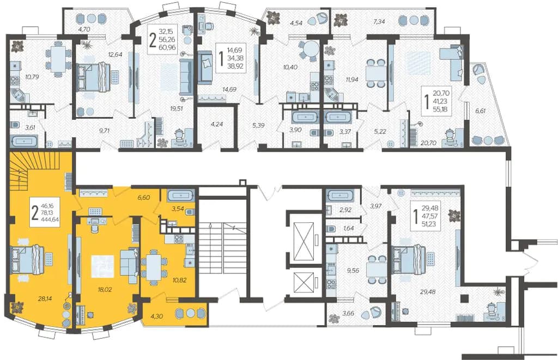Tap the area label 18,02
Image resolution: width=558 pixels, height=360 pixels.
tap(105, 290)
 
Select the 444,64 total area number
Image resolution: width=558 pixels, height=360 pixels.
tap(51, 219)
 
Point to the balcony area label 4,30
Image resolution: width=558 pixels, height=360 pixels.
tap(156, 315)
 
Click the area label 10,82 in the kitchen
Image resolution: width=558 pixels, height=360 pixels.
tap(180, 280)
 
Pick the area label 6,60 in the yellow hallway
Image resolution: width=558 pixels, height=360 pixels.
tap(143, 198)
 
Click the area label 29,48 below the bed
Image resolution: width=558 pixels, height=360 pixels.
tap(428, 292)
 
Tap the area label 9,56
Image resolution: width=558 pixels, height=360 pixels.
tap(353, 270)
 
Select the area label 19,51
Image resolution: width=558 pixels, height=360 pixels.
tap(177, 108)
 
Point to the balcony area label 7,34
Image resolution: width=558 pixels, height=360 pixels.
tap(379, 22)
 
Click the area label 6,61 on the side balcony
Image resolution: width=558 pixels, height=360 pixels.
tap(480, 111)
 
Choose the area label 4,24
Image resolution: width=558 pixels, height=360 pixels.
tap(217, 124)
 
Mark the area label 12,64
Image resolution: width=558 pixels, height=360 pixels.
tap(116, 54)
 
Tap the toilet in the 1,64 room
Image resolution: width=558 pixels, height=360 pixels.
tap(331, 228)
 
